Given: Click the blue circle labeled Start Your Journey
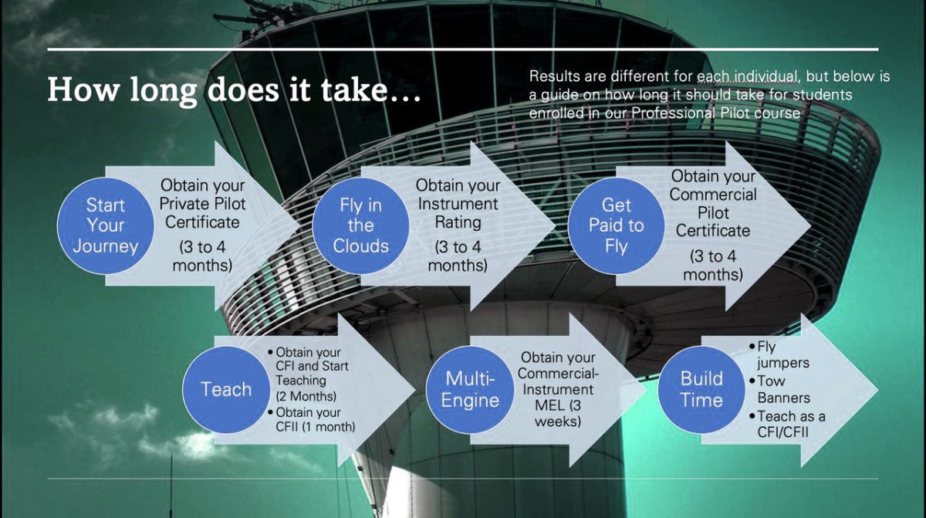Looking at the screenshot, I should [x=106, y=225].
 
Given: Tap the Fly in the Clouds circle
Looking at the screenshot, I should [x=360, y=225].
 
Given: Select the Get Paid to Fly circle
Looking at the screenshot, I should [x=616, y=225].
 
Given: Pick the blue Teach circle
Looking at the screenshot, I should [x=226, y=389].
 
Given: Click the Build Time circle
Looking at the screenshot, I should [x=701, y=389].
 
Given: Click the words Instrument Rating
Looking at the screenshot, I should [x=458, y=213].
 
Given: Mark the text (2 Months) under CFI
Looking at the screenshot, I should [x=306, y=396].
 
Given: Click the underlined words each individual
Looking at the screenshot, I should [x=747, y=76].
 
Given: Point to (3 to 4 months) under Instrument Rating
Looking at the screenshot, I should [x=458, y=256].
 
